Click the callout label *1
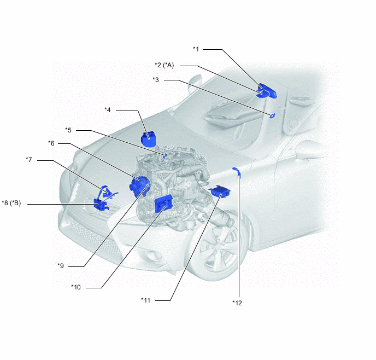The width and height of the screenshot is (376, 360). coord(196,49)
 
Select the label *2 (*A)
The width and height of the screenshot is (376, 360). coord(164,65)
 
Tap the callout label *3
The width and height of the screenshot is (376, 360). coord(156,80)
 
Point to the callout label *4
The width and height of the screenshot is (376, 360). coord(108,110)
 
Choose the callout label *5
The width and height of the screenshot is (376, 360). coord(68,130)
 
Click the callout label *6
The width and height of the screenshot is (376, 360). coord(51,143)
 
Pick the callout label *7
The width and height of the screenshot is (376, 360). coord(29,160)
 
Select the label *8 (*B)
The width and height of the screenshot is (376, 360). coord(11,203)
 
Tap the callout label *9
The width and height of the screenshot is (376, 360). coord(61,266)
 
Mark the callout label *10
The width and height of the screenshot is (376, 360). coord(76,287)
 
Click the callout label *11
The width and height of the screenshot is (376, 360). coord(145,300)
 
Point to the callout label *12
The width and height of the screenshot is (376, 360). coord(237,303)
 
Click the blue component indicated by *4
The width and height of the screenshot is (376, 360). coord(149,139)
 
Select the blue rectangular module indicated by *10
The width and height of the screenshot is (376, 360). coord(163,204)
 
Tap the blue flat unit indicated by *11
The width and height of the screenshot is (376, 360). coord(219,191)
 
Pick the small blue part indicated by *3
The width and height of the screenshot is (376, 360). coord(273,115)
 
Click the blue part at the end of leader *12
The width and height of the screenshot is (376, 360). coord(237,172)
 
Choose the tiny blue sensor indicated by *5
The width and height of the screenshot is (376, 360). coord(164,155)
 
